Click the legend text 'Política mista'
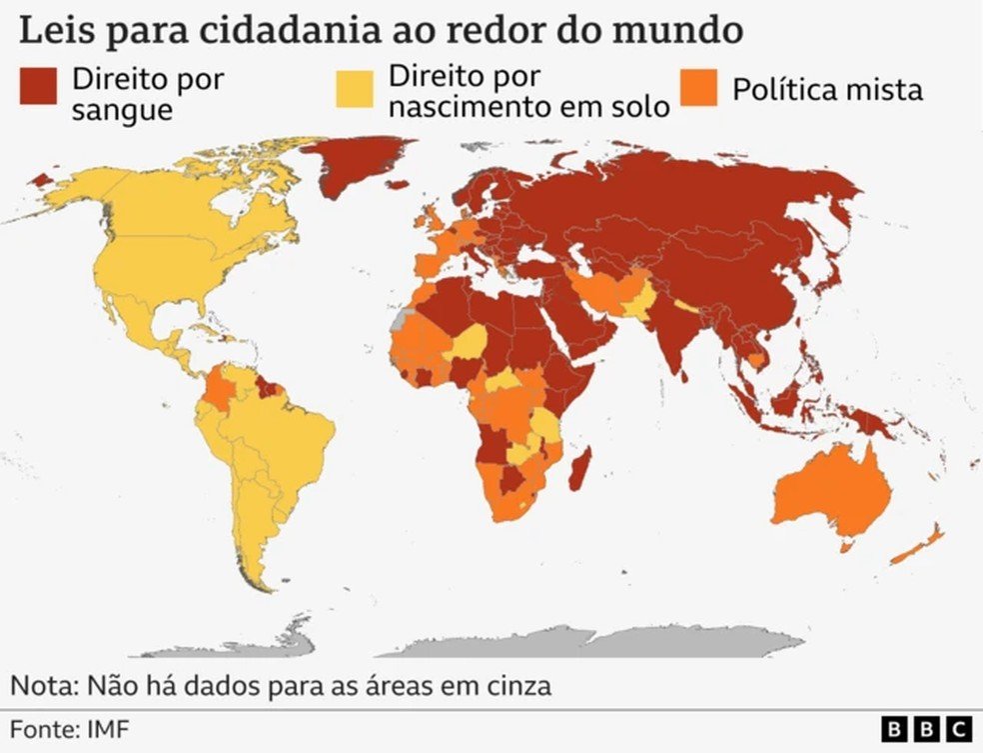(x=827, y=90)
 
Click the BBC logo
(x=927, y=730)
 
